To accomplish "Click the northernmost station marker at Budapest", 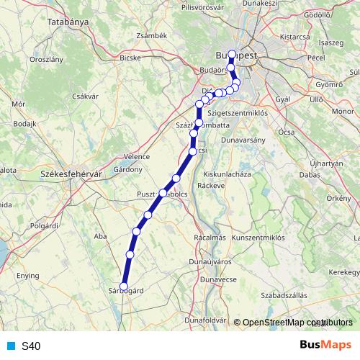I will coord(231,53).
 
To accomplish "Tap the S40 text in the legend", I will coord(31,346).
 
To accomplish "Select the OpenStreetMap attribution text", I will coord(297,323).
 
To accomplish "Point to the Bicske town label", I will coord(130,57).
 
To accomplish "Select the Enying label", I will coord(28,276).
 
